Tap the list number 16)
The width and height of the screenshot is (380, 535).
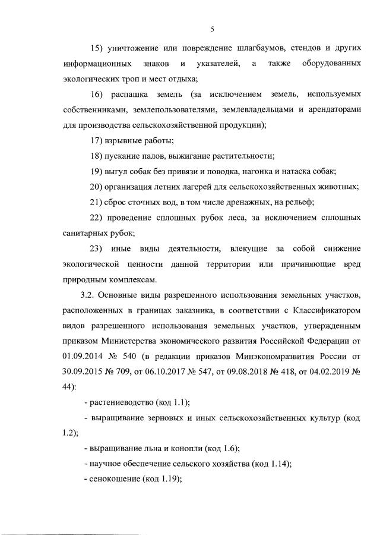(96, 94)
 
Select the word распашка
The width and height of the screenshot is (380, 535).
(141, 94)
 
